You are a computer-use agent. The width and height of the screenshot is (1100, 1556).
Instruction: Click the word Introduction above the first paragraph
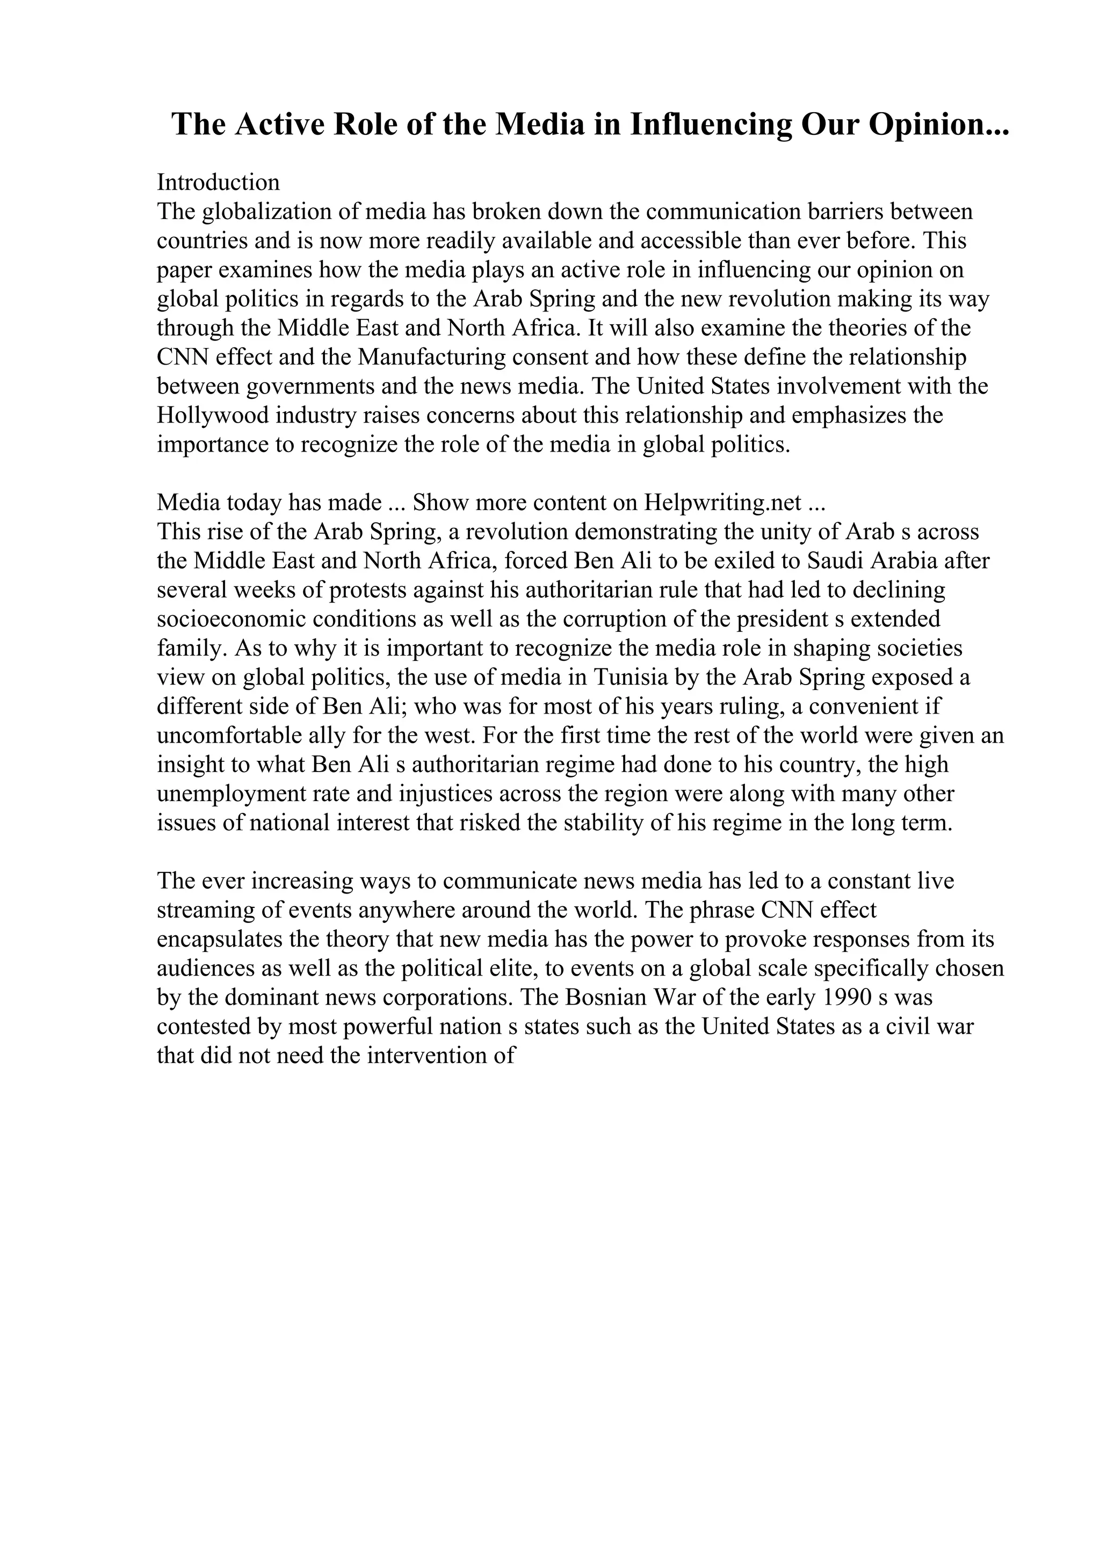point(218,183)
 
